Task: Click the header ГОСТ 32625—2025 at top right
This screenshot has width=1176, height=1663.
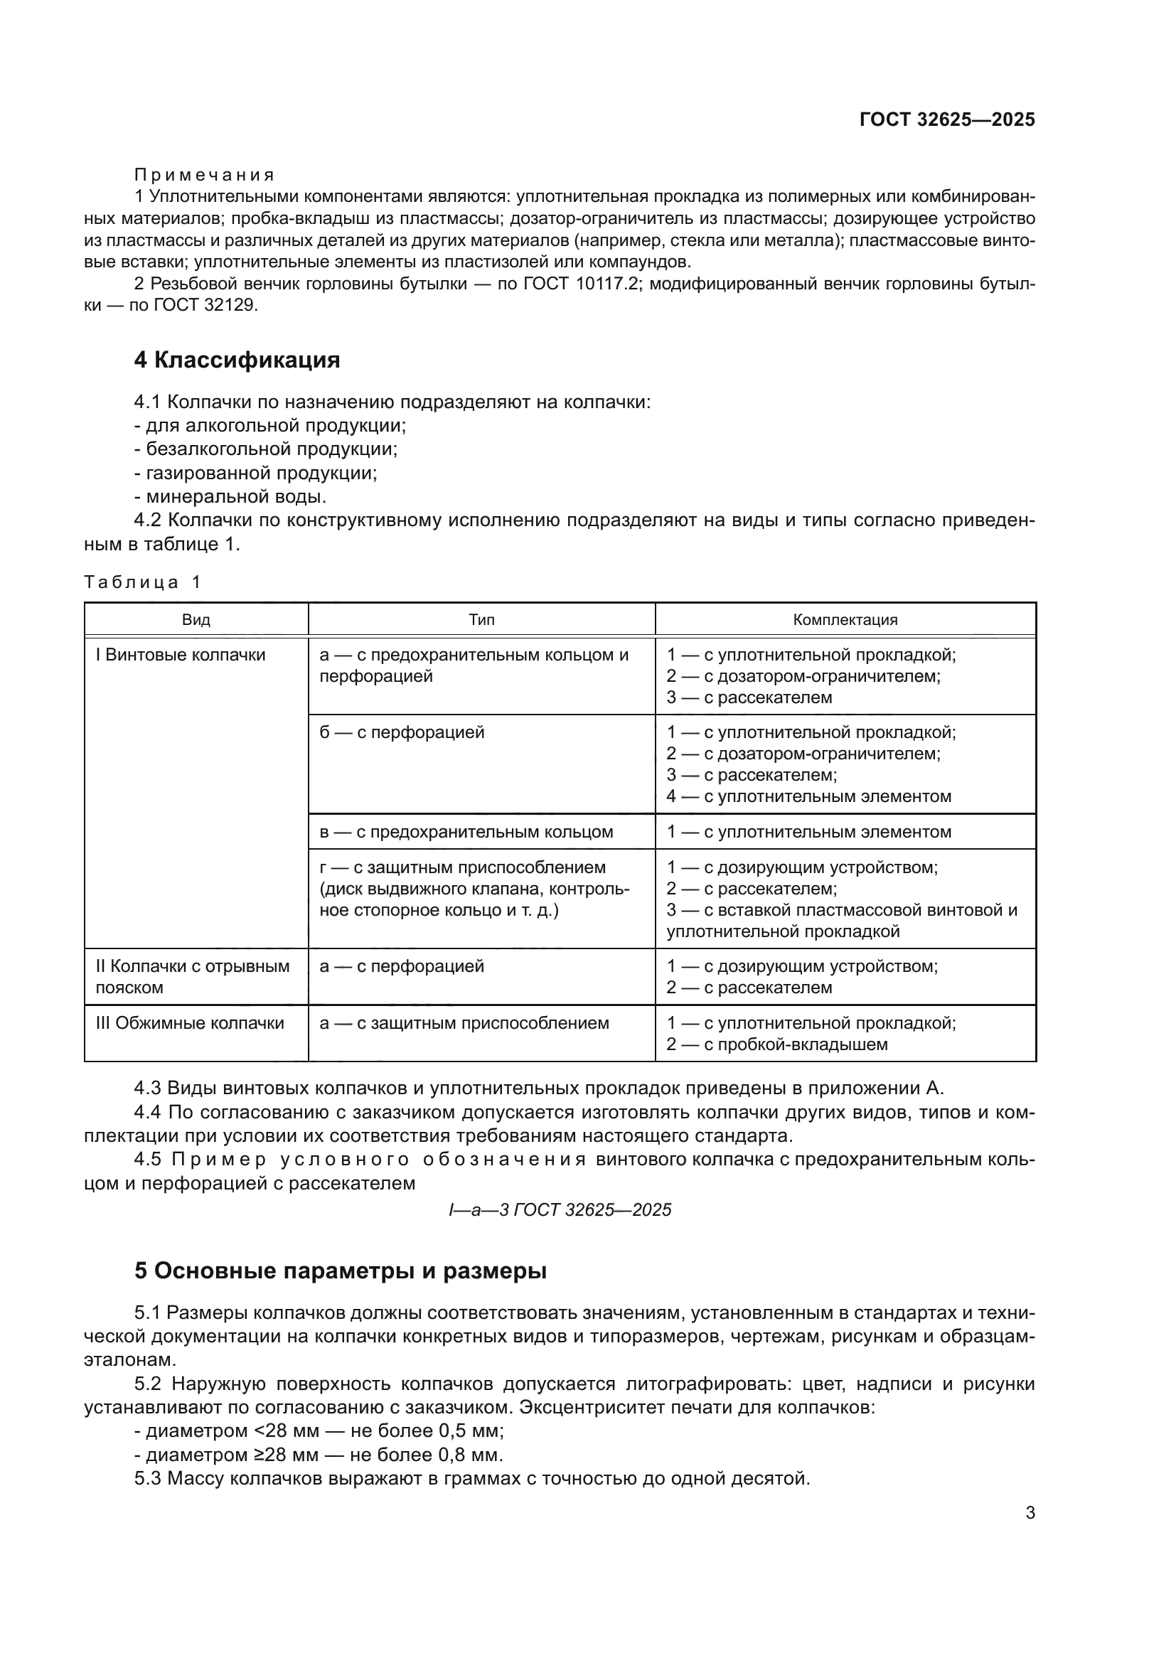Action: pos(946,119)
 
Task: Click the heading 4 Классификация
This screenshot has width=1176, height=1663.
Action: pos(237,360)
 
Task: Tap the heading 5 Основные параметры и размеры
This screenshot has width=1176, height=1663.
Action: pos(340,1271)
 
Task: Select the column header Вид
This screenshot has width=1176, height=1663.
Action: pos(196,620)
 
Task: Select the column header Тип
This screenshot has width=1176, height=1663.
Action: pos(481,620)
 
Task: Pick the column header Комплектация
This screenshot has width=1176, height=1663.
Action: pos(845,620)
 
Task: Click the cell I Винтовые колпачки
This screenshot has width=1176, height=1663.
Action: pos(181,655)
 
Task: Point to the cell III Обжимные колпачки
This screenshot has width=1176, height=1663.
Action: pos(190,1023)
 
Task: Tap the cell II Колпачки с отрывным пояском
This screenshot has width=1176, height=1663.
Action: pos(192,977)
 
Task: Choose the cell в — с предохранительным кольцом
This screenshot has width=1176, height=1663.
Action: pos(466,833)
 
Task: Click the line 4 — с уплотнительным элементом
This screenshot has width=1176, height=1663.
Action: pos(809,797)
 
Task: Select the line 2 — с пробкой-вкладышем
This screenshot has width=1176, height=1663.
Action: pos(777,1044)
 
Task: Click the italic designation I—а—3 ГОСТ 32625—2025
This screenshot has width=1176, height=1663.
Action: pos(560,1210)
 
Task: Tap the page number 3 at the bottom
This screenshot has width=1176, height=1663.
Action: pos(1030,1513)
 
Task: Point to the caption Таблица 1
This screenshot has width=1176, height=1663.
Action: pos(143,582)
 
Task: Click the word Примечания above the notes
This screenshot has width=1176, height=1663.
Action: pos(204,176)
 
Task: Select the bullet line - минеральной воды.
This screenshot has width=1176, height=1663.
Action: pos(230,497)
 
